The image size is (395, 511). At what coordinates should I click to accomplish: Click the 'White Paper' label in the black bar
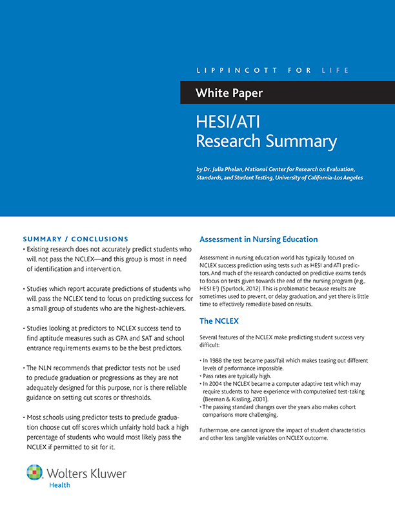228,94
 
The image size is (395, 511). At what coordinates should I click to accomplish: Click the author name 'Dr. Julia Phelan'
228,169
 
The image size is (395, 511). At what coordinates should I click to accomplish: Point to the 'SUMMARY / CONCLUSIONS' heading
76,239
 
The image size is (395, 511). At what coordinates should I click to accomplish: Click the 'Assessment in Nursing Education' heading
258,239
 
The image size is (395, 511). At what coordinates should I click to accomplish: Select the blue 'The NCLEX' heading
219,321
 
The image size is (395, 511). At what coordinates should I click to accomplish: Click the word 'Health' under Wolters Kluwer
60,485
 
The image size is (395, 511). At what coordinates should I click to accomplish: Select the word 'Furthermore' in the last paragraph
217,430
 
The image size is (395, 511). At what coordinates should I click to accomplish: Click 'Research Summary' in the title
266,141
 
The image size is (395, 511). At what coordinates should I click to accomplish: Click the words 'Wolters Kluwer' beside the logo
88,473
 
